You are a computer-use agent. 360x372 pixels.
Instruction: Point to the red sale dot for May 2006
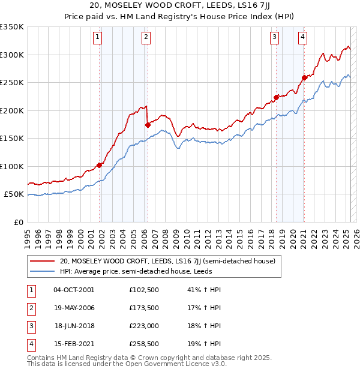(148, 125)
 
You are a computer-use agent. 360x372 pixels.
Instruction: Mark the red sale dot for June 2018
(276, 97)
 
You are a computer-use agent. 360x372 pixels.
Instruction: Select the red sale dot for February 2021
(304, 77)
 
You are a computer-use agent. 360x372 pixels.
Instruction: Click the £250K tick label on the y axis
(12, 82)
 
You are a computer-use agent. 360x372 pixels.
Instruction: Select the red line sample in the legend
(41, 261)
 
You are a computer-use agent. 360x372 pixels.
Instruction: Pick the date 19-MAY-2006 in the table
(74, 308)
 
